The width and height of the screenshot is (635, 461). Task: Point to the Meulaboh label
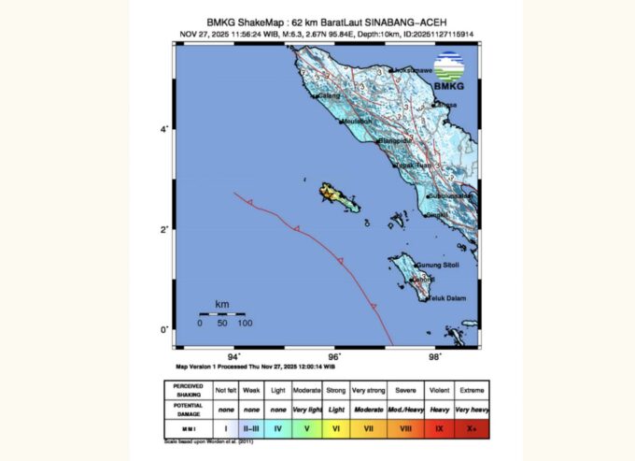[358, 121]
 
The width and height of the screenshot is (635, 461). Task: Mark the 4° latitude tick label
[163, 129]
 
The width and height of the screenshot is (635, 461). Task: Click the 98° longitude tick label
[434, 355]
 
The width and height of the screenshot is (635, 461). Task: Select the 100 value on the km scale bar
[244, 323]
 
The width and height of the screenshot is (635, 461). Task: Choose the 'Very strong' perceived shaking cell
[371, 388]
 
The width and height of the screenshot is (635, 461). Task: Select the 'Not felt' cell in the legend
[225, 388]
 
